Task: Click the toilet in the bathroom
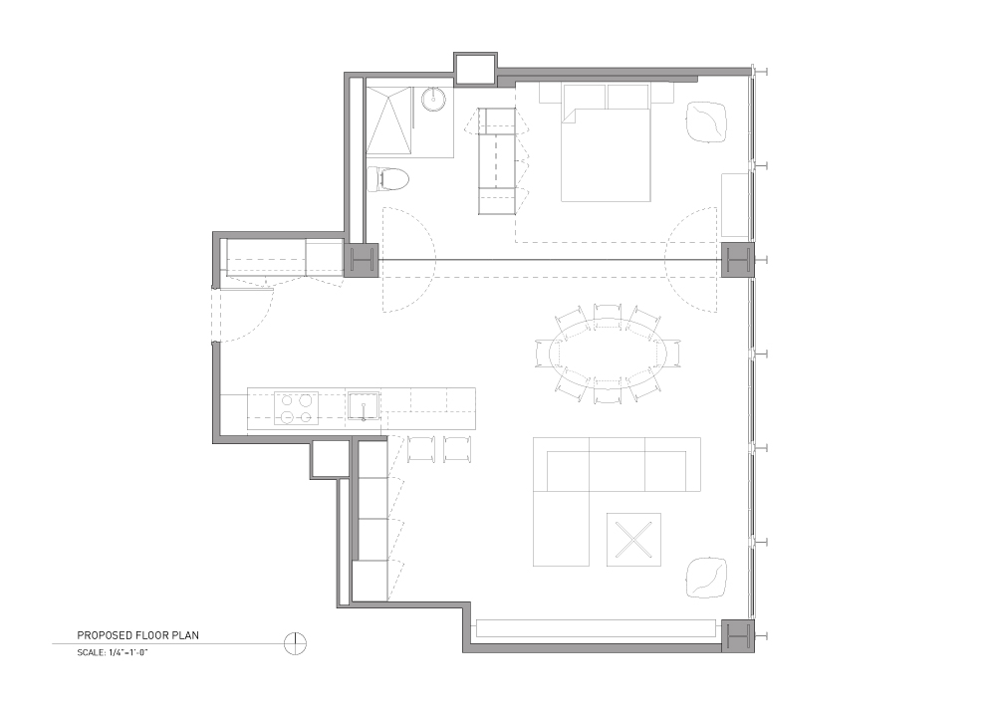(x=388, y=179)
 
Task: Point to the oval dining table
(x=608, y=354)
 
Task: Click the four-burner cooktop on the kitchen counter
(x=297, y=408)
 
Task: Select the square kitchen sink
(x=364, y=406)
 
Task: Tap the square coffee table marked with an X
(x=633, y=540)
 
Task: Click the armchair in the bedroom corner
(x=706, y=120)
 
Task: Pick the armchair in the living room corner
(x=706, y=577)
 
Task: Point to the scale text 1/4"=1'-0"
(x=128, y=652)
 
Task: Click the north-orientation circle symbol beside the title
(x=296, y=643)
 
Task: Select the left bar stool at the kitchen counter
(x=421, y=449)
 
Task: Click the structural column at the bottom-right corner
(x=737, y=635)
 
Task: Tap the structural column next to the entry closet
(x=361, y=260)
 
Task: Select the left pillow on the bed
(x=584, y=96)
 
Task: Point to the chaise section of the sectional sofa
(x=561, y=528)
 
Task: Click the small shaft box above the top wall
(x=474, y=69)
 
